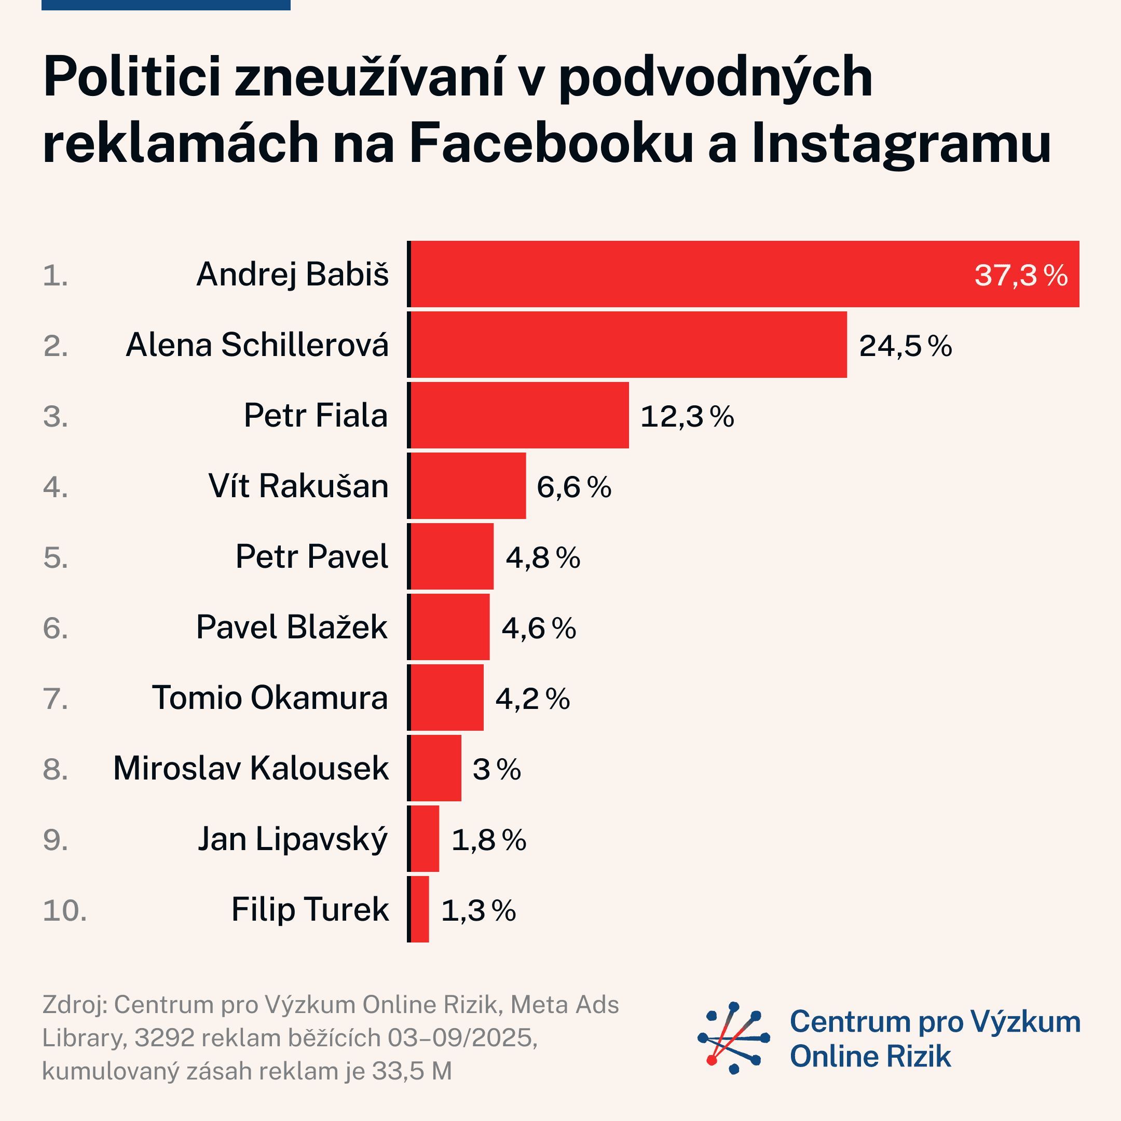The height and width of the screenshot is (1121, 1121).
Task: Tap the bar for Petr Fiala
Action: pyautogui.click(x=519, y=415)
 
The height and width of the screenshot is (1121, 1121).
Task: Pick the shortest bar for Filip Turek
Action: pyautogui.click(x=419, y=909)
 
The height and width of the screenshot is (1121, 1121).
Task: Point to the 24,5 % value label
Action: pyautogui.click(x=905, y=346)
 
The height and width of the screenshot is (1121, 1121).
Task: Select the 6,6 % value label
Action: pyautogui.click(x=573, y=487)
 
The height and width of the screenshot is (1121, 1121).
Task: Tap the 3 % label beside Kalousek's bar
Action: pyautogui.click(x=496, y=769)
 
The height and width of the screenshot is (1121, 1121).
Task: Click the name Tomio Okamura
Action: pyautogui.click(x=270, y=698)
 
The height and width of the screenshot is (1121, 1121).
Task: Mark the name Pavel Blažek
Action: pyautogui.click(x=291, y=627)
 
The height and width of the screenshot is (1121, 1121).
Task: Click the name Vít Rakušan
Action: pyautogui.click(x=298, y=486)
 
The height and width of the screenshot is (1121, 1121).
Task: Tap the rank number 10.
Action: pyautogui.click(x=64, y=910)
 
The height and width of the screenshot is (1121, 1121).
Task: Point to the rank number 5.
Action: pyautogui.click(x=55, y=557)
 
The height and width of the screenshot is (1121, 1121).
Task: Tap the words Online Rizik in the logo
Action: pyautogui.click(x=870, y=1056)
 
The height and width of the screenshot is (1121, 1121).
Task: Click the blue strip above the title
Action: pyautogui.click(x=166, y=5)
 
